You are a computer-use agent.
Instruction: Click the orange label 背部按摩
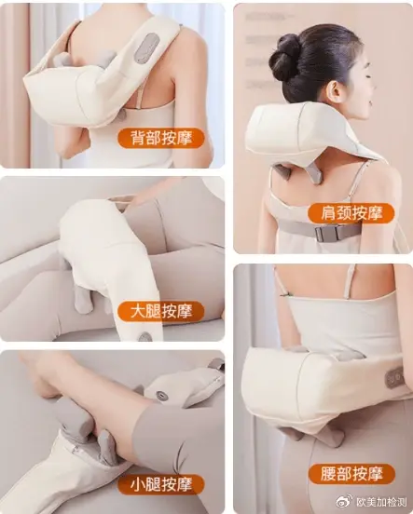[x=161, y=138]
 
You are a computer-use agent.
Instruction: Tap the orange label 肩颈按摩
[x=351, y=213]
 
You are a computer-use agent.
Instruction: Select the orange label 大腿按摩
[x=161, y=311]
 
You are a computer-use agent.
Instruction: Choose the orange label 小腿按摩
[x=161, y=484]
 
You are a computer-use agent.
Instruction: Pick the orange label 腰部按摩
[x=351, y=474]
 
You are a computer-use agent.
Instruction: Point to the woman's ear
[x=336, y=91]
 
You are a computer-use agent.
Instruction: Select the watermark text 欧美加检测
[x=381, y=502]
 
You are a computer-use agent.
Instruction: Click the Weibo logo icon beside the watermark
[x=346, y=502]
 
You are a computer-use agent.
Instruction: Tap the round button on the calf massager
[x=161, y=395]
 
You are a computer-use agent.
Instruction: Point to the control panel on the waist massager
[x=394, y=377]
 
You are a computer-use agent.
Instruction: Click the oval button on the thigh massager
[x=145, y=337]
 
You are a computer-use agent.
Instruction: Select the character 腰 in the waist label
[x=326, y=474]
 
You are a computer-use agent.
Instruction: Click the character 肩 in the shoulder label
[x=326, y=213]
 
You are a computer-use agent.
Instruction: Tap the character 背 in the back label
[x=137, y=138]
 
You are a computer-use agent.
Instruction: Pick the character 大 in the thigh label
[x=137, y=311]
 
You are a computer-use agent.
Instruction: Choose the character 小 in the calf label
[x=137, y=484]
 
